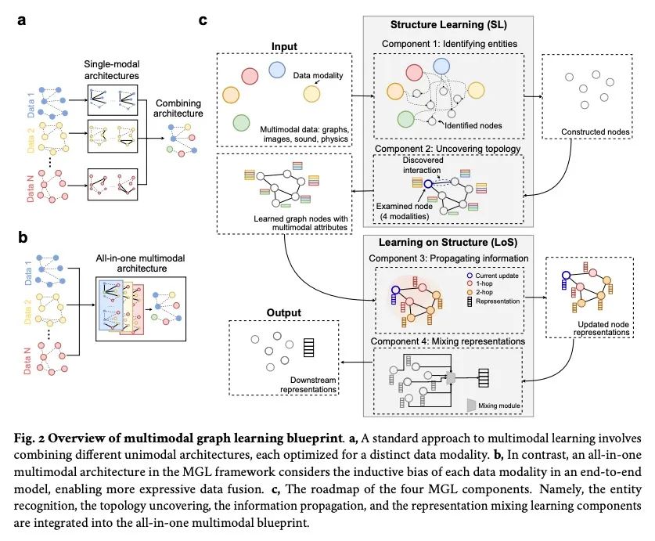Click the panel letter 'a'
(x=21, y=20)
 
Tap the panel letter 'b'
(x=23, y=237)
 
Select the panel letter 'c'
(x=203, y=20)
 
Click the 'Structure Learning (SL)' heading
(x=448, y=25)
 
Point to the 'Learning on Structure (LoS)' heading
(x=448, y=243)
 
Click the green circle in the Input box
(x=241, y=123)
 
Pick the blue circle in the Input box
(x=276, y=70)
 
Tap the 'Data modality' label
(x=318, y=76)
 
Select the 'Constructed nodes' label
(x=595, y=132)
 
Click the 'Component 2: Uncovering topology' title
(x=448, y=149)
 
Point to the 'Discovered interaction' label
(x=423, y=165)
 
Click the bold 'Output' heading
(x=283, y=312)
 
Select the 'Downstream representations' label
(x=308, y=384)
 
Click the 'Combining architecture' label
(x=178, y=108)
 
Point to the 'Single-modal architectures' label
(x=112, y=70)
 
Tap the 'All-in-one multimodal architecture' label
(x=140, y=263)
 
